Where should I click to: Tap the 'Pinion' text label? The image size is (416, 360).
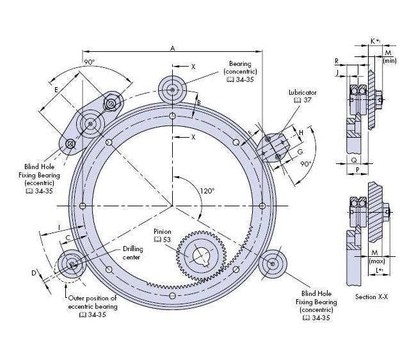pos(163,231)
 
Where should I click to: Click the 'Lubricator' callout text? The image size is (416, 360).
pos(302,93)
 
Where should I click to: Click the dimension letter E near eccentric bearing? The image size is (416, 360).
pos(57,89)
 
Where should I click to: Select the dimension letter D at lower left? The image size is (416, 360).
pos(34,273)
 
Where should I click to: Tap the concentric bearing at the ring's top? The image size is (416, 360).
pos(173,89)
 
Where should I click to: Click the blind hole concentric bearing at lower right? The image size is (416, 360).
pos(274,263)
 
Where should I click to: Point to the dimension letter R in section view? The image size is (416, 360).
pos(337,61)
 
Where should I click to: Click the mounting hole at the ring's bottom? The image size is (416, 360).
pos(173,295)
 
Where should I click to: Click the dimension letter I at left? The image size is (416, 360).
pos(58,227)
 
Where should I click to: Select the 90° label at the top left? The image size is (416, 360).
pos(90,62)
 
